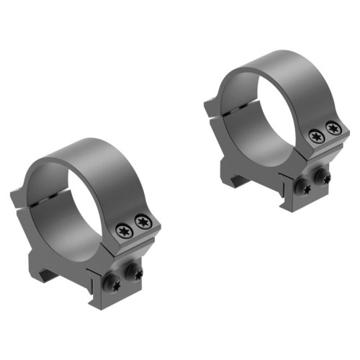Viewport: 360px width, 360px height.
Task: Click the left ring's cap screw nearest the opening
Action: pos(124,230)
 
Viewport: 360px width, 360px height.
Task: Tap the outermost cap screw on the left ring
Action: pos(144,222)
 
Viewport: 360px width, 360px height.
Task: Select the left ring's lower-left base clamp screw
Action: pos(114,285)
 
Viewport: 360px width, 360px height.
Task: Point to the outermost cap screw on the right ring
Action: pos(332,127)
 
